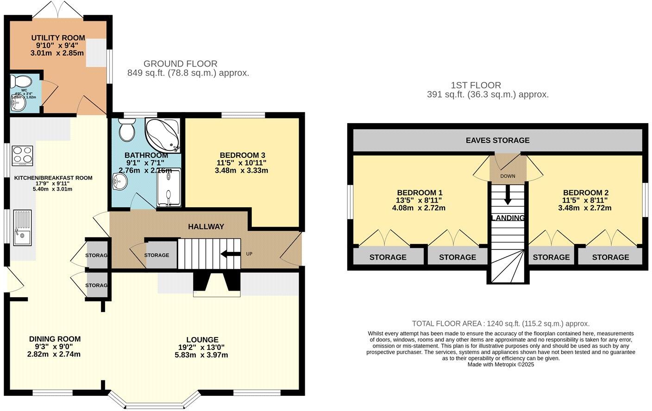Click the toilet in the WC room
coord(20,82)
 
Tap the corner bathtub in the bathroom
coord(163,134)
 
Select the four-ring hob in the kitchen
coord(22,155)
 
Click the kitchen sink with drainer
coord(22,227)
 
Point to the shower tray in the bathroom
coord(169,187)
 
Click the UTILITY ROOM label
coord(58,38)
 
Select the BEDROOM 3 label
coord(242,155)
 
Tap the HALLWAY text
coord(206,226)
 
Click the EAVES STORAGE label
coord(497,140)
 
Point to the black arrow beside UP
coord(230,254)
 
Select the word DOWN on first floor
coord(508,176)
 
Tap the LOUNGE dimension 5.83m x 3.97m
coord(201,355)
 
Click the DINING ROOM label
coord(55,339)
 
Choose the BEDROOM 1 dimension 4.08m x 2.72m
coord(419,208)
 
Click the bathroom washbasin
coord(119,182)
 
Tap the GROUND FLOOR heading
coord(180,64)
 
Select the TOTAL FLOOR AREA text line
coord(501,324)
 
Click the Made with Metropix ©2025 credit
coord(501,364)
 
